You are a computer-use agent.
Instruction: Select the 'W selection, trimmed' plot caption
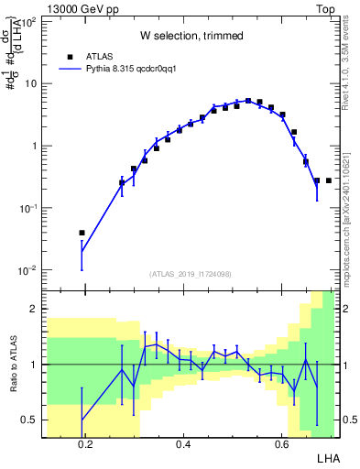pos(191,37)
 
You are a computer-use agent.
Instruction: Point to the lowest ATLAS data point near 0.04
pos(82,233)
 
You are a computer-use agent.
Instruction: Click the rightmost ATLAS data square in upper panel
pos(328,180)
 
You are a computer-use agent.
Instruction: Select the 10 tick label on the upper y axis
pos(30,84)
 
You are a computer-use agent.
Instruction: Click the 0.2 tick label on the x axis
pos(86,443)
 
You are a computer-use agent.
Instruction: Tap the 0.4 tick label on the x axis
pos(183,443)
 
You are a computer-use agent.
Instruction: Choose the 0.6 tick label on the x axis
pos(281,443)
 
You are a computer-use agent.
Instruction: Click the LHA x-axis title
pos(327,457)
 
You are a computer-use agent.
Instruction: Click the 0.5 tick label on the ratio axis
pos(28,420)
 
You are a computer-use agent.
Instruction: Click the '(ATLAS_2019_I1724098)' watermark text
pos(191,273)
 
